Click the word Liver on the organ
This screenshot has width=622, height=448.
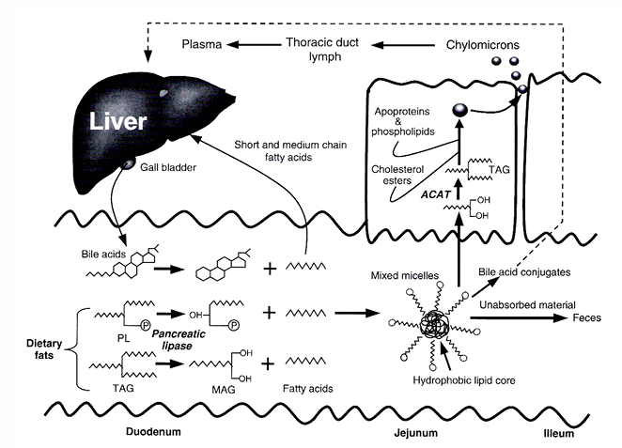(x=118, y=121)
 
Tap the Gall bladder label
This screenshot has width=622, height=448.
(x=168, y=168)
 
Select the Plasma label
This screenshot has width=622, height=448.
(x=201, y=44)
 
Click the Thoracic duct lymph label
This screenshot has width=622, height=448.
(x=322, y=49)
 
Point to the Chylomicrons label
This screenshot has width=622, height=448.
(x=482, y=45)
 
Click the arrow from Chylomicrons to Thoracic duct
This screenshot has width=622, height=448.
(x=403, y=45)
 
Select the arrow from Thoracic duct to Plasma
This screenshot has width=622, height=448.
(x=254, y=44)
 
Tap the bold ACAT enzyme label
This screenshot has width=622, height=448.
(x=436, y=194)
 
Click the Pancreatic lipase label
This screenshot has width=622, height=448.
(x=179, y=339)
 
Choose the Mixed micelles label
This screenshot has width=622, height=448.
(x=405, y=275)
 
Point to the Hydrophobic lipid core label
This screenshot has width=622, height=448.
(x=464, y=380)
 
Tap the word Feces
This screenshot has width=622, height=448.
(x=586, y=318)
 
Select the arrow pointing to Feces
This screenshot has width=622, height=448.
(x=519, y=317)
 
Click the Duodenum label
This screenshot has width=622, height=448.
(x=153, y=431)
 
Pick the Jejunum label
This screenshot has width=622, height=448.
(x=415, y=433)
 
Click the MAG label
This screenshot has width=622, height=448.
(x=224, y=390)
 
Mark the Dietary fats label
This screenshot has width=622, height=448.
(x=44, y=348)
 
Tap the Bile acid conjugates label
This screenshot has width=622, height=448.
(x=524, y=272)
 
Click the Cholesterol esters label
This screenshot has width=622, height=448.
(x=397, y=175)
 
